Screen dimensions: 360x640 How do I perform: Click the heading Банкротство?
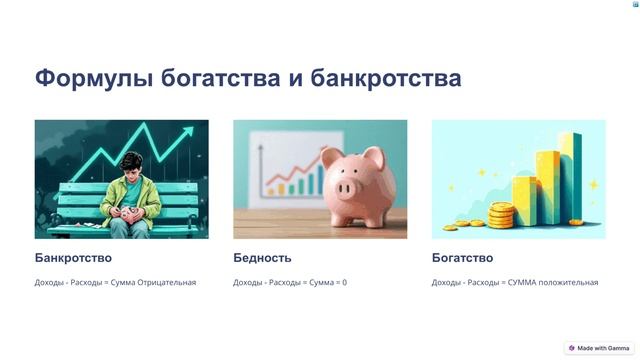[x=73, y=257]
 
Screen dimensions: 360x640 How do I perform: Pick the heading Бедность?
[x=262, y=257]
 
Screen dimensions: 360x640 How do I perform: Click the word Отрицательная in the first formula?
[x=167, y=283]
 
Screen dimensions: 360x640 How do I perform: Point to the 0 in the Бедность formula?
[x=344, y=283]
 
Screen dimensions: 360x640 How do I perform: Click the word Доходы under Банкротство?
[x=48, y=283]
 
